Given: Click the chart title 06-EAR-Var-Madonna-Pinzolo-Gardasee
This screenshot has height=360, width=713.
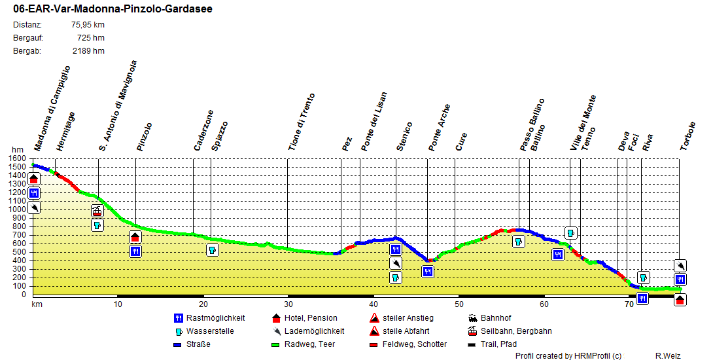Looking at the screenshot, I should pos(113,9).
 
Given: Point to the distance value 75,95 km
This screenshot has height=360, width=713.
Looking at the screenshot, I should pos(88,25).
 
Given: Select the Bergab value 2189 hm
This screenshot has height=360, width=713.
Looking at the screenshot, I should pos(88,50).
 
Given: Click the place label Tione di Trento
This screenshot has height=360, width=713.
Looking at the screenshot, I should pos(302,122).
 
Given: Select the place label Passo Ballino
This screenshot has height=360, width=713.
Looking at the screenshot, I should pos(532,125).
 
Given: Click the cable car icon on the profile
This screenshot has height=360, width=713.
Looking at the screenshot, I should pos(97,211).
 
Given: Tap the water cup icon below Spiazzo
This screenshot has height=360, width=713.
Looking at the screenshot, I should pos(212,250).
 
